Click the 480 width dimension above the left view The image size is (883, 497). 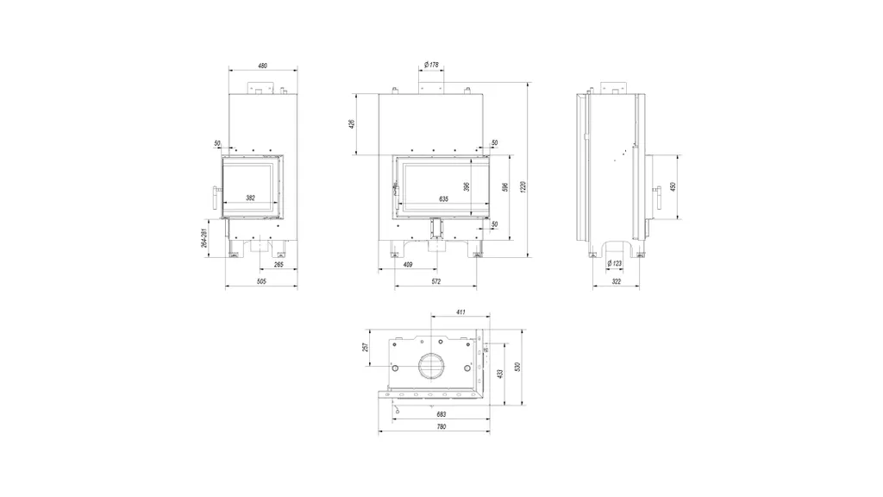click(262, 66)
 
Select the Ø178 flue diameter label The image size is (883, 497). click(432, 65)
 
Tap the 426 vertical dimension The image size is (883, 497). click(352, 124)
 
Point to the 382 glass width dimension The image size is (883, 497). click(250, 198)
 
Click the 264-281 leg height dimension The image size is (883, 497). click(203, 238)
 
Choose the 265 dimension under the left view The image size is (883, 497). click(279, 264)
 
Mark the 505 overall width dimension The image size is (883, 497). click(261, 281)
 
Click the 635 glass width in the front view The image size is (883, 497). click(443, 198)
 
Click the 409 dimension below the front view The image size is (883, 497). click(407, 264)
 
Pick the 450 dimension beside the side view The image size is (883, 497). click(672, 187)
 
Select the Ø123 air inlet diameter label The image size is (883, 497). click(615, 264)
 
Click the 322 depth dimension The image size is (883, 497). click(616, 281)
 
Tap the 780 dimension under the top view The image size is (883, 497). click(440, 427)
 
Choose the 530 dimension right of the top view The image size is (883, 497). click(517, 367)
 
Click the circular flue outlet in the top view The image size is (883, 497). click(430, 366)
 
